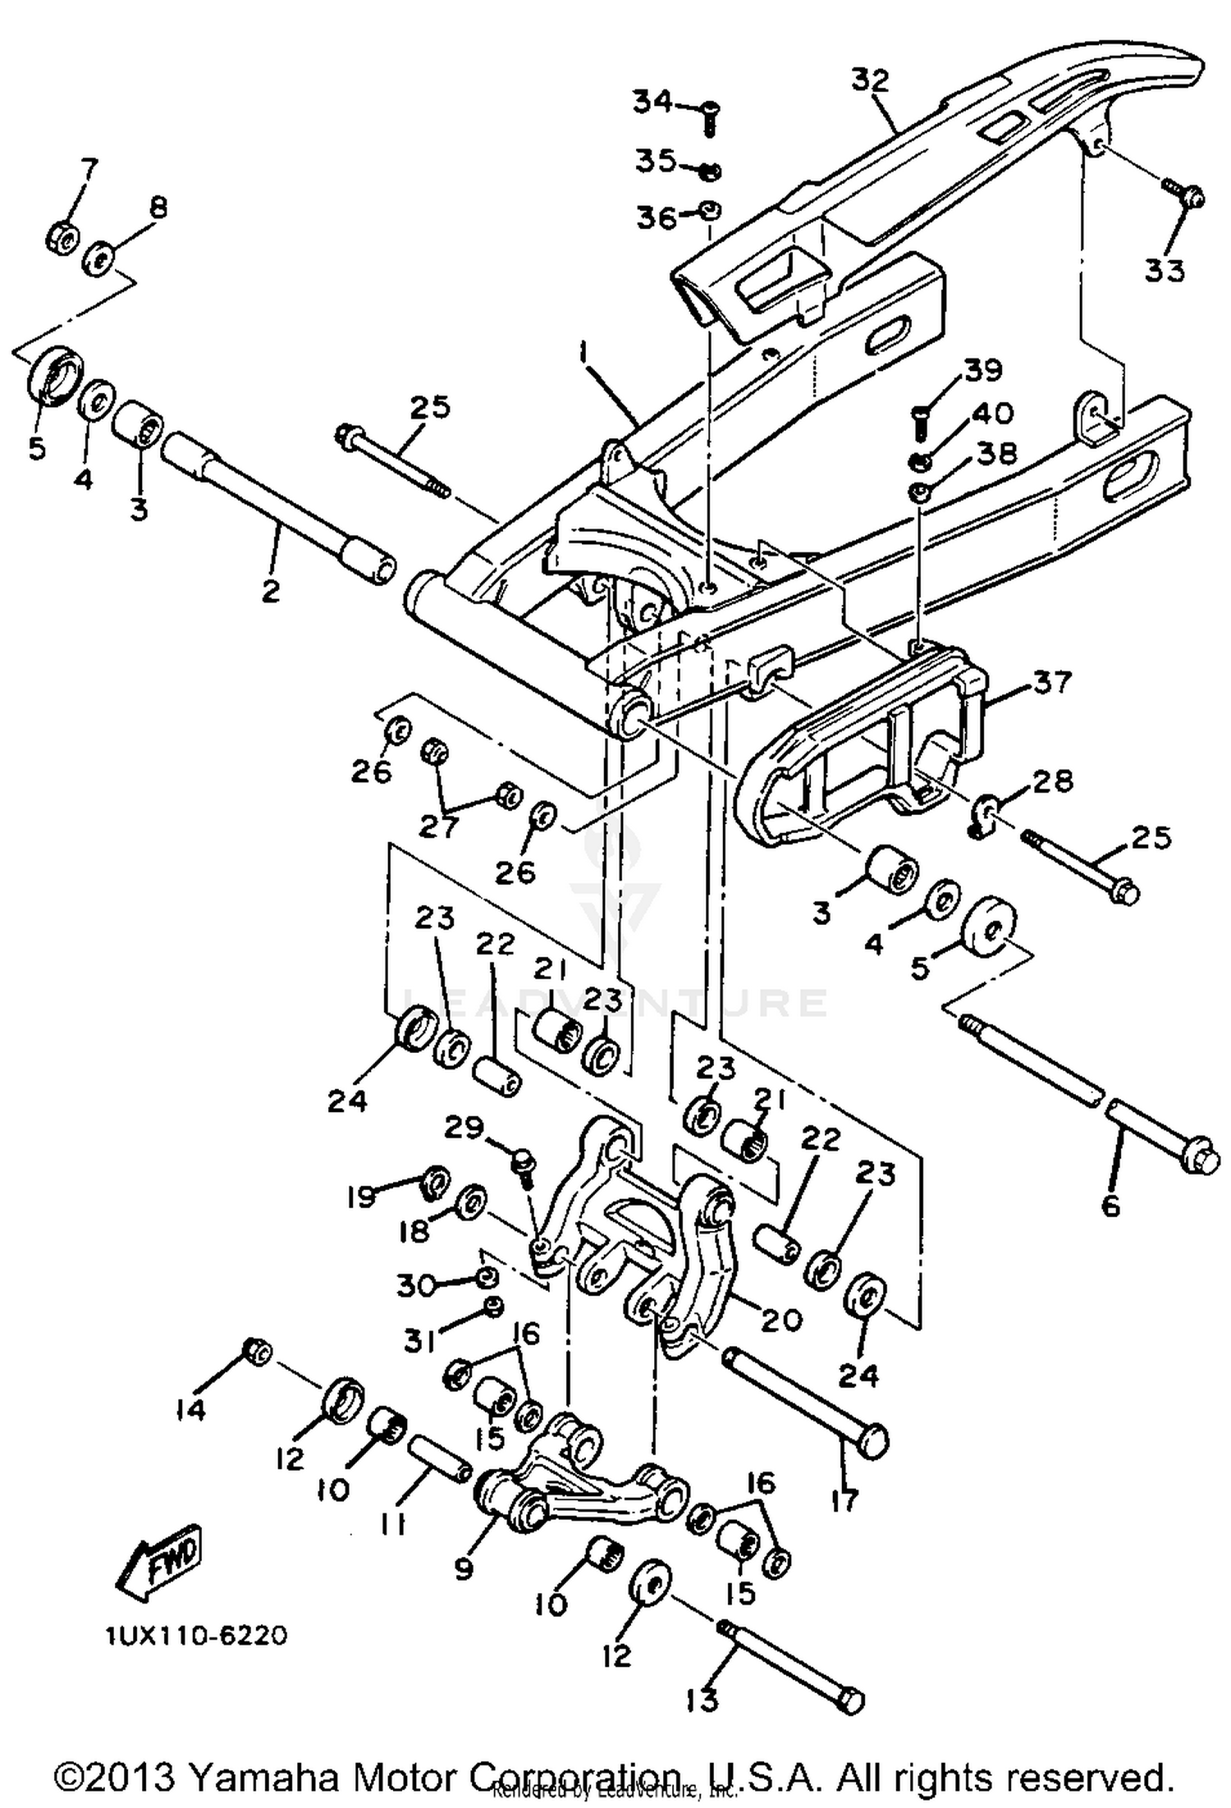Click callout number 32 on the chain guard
click(871, 80)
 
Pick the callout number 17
click(844, 1499)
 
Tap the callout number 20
click(780, 1319)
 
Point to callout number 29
click(464, 1128)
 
